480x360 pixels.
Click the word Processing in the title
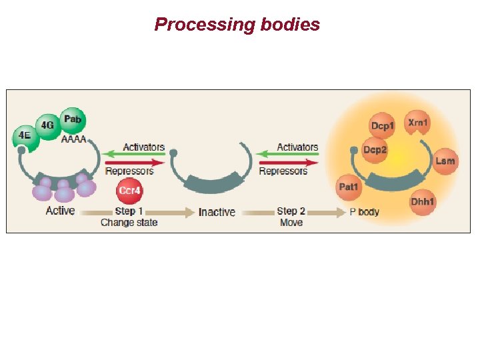(205, 25)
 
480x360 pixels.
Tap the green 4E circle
(25, 138)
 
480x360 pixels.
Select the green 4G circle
(48, 126)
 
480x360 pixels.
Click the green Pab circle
(73, 120)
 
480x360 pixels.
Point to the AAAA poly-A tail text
(73, 139)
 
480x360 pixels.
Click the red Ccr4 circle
(129, 191)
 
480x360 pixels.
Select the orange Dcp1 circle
(382, 126)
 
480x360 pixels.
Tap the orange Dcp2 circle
(375, 150)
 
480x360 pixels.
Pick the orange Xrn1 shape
(417, 123)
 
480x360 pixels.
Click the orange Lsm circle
(445, 161)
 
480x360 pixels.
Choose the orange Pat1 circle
(349, 187)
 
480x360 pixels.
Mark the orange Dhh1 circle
(423, 202)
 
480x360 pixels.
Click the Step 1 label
(129, 211)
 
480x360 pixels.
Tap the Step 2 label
(291, 211)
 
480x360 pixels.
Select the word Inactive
(217, 212)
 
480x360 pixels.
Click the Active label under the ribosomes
(60, 211)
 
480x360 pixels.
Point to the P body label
(364, 212)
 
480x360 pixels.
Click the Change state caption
(129, 222)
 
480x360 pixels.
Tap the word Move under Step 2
(291, 222)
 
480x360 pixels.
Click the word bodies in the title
(290, 24)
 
